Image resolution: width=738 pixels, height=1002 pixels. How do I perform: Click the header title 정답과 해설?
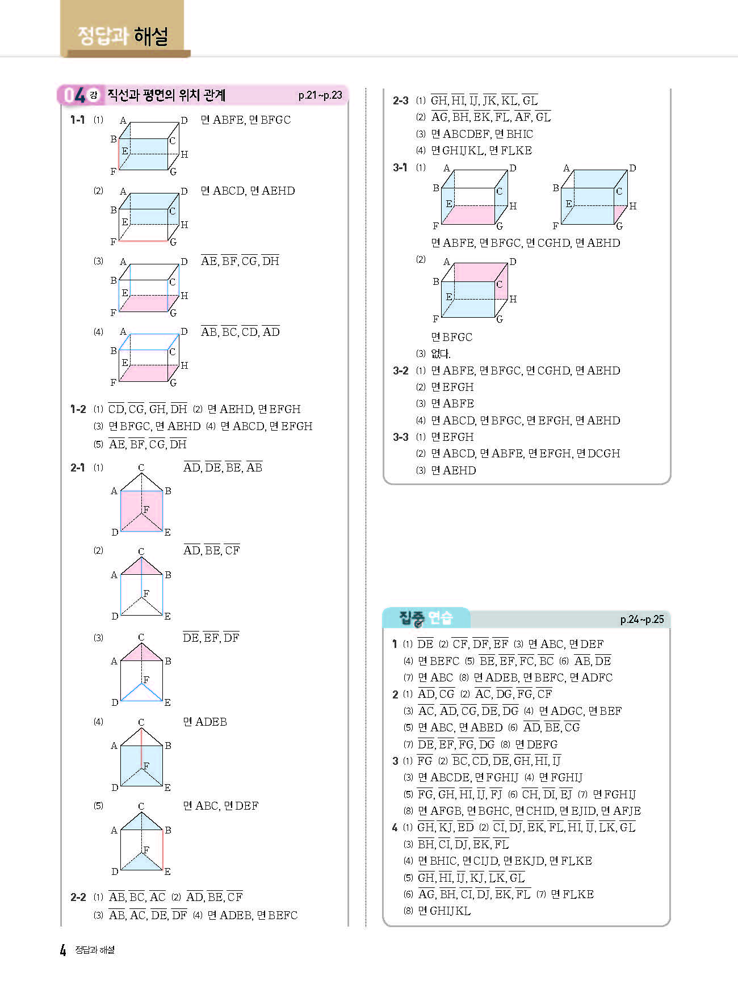pos(123,36)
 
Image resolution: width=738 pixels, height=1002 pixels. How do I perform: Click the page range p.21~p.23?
pos(320,95)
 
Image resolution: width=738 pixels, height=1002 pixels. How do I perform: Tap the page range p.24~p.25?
pos(641,619)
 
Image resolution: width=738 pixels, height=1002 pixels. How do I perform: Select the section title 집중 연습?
pos(426,617)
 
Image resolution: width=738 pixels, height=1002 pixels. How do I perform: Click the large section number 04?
pos(74,95)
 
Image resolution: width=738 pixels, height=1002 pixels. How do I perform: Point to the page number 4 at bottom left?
pos(63,950)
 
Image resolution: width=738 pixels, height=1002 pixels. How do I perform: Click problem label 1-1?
pos(78,120)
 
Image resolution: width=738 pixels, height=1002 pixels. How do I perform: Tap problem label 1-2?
pos(78,409)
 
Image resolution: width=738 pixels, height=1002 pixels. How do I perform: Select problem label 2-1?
pos(78,468)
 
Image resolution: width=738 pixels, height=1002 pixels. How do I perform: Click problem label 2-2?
pos(78,897)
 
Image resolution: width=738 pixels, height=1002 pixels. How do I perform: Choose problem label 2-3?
pos(401,100)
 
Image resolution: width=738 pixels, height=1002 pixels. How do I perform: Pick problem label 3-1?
pos(400,167)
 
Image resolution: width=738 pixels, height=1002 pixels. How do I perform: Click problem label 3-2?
pos(401,371)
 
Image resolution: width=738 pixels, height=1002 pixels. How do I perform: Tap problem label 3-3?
pos(401,437)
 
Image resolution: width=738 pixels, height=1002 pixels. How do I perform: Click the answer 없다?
pos(441,353)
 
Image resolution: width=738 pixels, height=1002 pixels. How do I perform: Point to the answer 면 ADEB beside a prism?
pos(205,722)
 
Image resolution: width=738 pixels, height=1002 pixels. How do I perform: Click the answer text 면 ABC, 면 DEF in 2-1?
pos(221,806)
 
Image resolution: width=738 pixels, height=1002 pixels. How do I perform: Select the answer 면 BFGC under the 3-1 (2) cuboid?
pos(452,337)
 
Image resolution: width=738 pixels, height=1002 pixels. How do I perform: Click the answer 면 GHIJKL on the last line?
pos(445,911)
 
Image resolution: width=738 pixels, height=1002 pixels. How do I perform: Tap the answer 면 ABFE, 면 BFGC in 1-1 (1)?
pos(246,120)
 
